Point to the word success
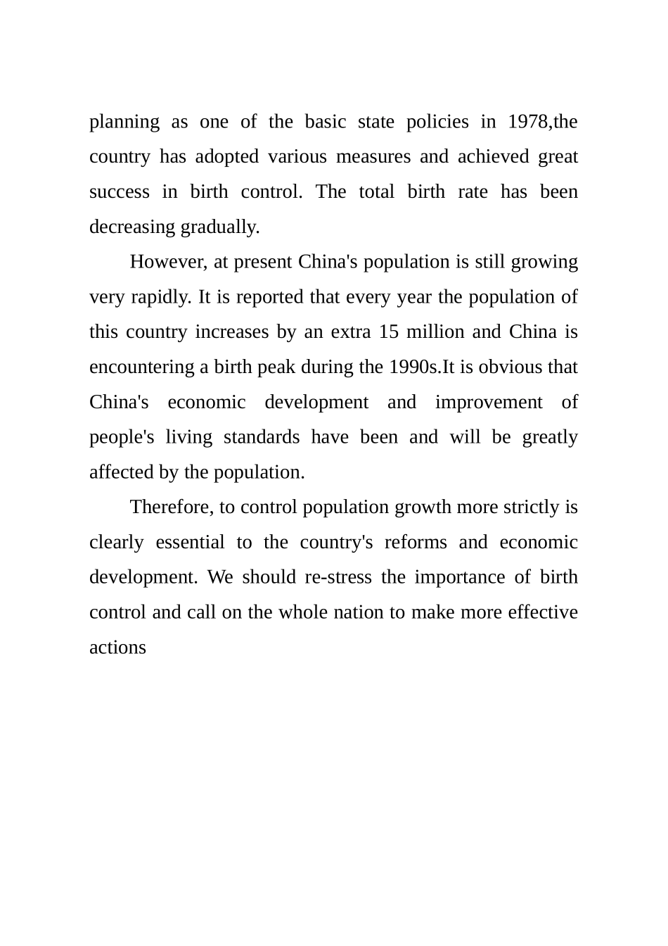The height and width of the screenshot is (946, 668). tap(120, 192)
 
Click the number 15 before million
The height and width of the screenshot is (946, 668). tap(388, 332)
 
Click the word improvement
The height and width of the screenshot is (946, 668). tap(489, 402)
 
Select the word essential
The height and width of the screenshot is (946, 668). tap(190, 543)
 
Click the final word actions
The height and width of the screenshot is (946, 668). tap(117, 648)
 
